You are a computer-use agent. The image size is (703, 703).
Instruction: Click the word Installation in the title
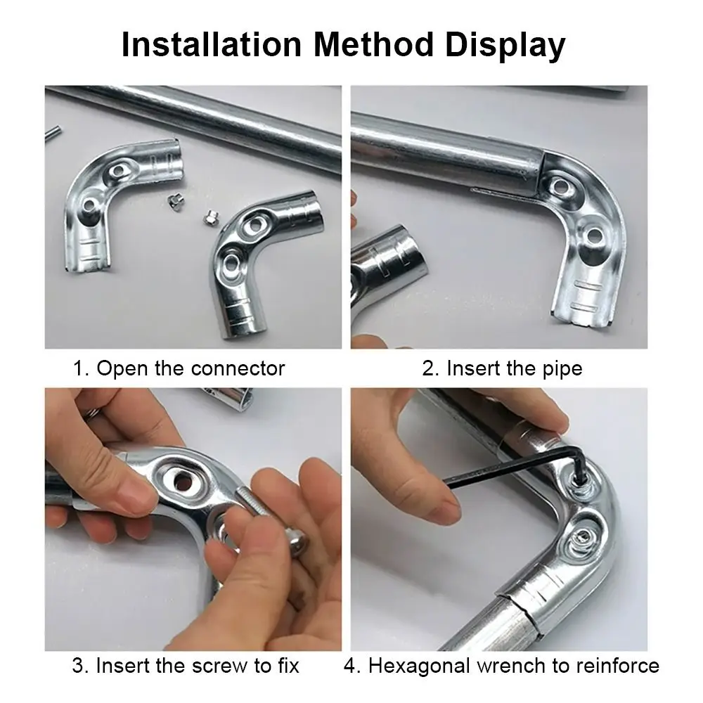(212, 44)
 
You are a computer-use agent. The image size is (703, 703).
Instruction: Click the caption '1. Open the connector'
(179, 368)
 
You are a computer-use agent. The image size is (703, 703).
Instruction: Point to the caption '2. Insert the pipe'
(502, 368)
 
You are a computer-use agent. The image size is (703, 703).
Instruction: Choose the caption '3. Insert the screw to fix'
(186, 665)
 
